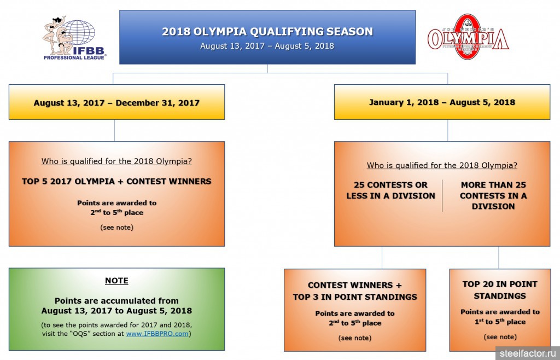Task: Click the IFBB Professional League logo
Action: (x=74, y=38)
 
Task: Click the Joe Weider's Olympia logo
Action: (x=468, y=37)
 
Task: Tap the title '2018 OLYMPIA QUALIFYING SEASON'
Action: (x=267, y=31)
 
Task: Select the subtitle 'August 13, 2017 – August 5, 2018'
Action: (x=267, y=46)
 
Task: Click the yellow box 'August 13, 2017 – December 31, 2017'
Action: (x=117, y=102)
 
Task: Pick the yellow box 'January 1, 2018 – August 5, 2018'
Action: (x=442, y=102)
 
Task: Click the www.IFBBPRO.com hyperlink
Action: (x=157, y=334)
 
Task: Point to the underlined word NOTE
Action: (x=117, y=281)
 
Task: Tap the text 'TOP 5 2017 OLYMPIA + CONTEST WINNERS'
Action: (x=117, y=182)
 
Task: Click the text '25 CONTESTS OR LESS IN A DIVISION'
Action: (x=390, y=190)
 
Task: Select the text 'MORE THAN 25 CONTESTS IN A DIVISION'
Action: (x=493, y=195)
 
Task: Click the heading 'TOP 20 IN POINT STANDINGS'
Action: (x=500, y=290)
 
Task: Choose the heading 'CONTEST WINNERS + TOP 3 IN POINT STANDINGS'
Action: (x=355, y=291)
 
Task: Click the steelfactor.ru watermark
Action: (x=528, y=353)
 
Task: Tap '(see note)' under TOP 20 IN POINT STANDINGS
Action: (x=500, y=337)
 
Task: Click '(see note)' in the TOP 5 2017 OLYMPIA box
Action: (x=117, y=228)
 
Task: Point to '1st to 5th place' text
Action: (x=500, y=322)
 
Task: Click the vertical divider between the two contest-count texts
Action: (x=442, y=196)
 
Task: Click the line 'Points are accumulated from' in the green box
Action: (x=117, y=301)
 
